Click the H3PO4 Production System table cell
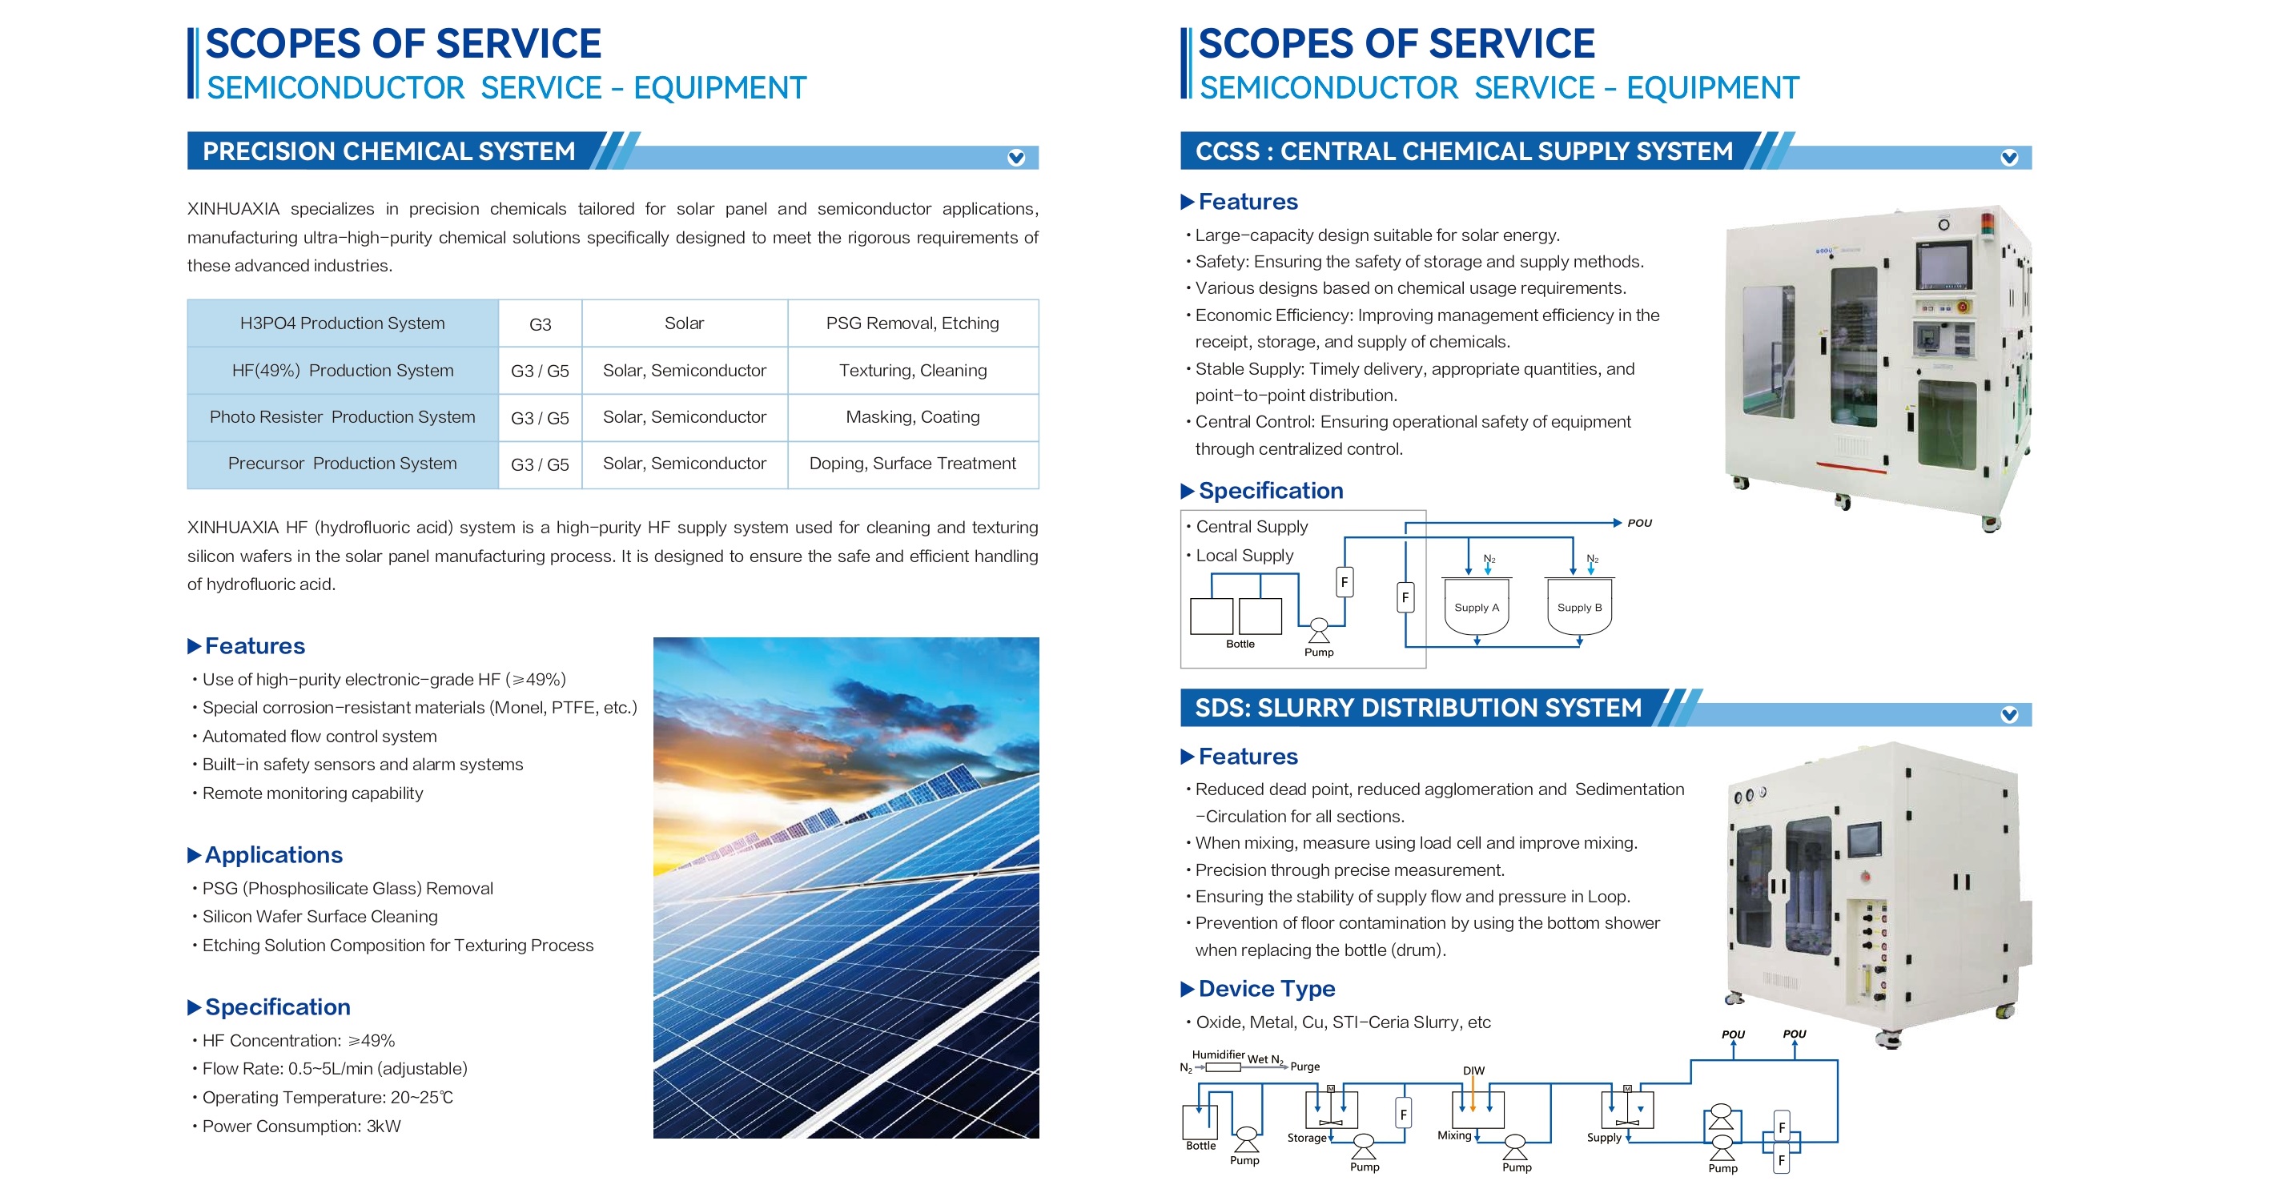point(342,323)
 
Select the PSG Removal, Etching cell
point(912,323)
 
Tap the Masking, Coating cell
point(912,417)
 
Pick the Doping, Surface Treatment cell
point(912,464)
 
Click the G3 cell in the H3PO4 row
point(540,323)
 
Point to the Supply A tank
point(1477,606)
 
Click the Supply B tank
point(1579,606)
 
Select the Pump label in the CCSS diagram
point(1319,653)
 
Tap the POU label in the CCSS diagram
point(1640,523)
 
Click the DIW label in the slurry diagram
point(1473,1070)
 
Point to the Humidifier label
point(1218,1054)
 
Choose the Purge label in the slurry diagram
point(1304,1066)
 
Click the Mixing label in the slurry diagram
point(1455,1135)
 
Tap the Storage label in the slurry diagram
point(1307,1138)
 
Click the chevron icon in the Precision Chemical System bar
point(1015,158)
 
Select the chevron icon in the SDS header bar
point(2009,714)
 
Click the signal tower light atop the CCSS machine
point(1988,224)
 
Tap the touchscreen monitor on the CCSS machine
point(1943,264)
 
